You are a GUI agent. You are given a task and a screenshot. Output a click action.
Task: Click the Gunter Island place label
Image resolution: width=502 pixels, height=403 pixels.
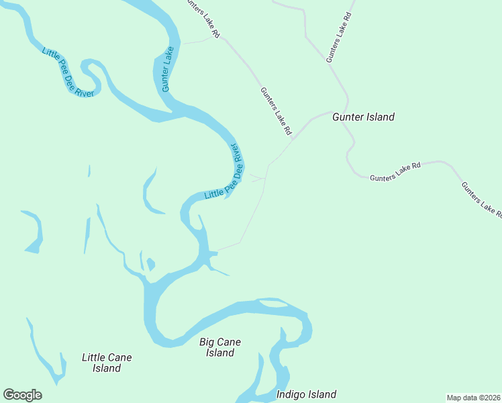pos(363,117)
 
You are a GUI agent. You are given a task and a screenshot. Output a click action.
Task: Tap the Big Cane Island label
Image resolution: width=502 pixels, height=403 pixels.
pos(220,347)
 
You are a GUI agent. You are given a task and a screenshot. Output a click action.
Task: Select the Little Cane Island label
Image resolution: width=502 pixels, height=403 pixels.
pos(107,363)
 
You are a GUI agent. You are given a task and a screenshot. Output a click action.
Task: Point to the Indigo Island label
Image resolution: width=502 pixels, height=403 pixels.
pos(306,394)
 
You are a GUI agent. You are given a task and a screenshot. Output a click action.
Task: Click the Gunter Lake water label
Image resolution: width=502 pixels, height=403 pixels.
pos(168,69)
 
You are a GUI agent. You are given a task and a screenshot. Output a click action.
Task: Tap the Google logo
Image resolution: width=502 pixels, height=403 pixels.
pos(22,395)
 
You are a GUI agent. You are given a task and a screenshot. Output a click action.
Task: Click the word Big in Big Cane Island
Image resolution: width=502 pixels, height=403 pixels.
pos(208,342)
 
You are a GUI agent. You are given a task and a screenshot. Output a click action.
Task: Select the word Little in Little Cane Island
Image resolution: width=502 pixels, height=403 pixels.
pos(93,357)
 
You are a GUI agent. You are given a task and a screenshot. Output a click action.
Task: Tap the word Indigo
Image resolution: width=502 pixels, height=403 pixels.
pos(291,394)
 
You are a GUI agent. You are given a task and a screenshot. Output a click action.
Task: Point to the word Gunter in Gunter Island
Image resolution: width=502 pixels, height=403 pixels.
pos(348,117)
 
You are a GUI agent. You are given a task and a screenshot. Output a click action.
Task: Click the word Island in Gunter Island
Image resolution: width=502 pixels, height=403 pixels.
pos(380,117)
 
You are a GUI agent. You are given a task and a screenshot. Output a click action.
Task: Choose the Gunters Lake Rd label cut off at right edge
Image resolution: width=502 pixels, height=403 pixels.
pos(481,200)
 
